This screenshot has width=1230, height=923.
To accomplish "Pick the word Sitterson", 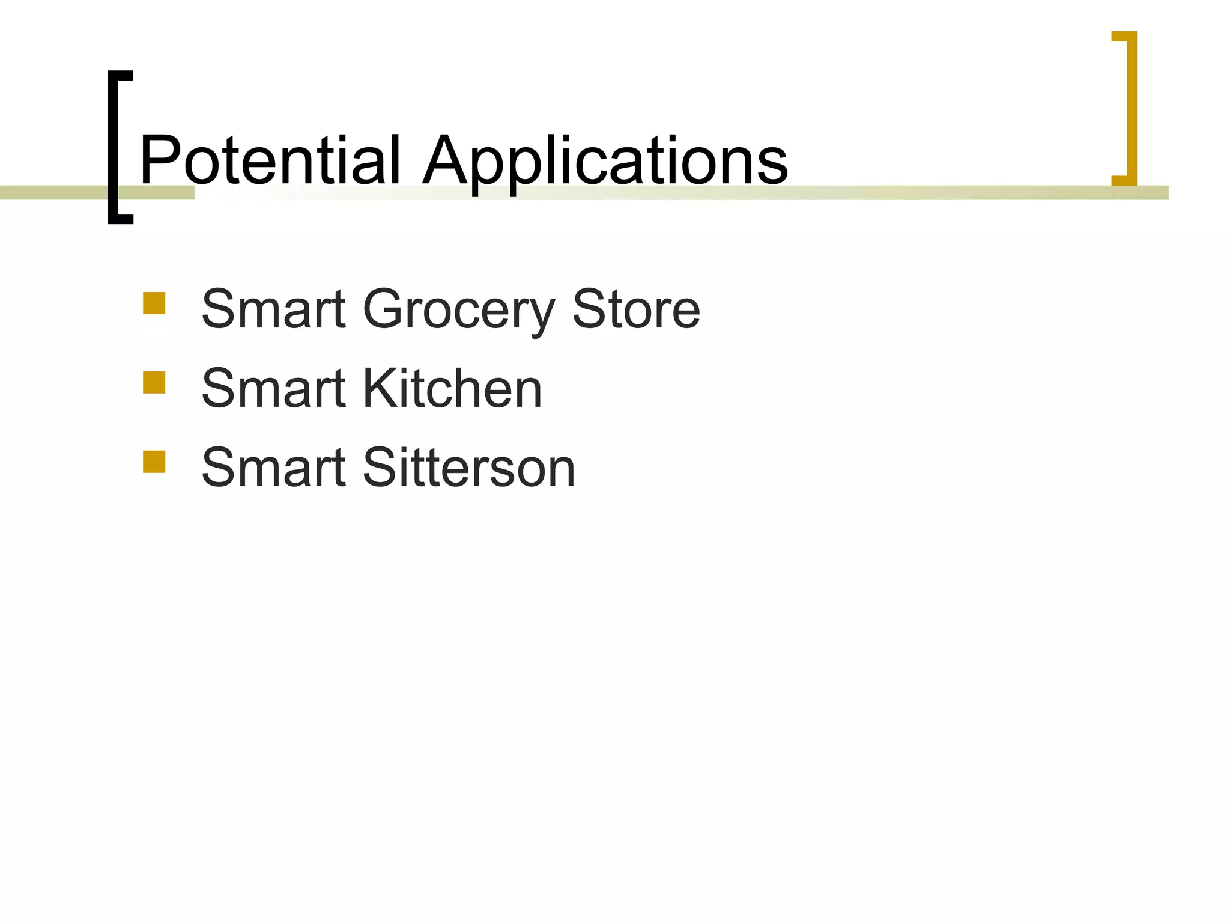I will coord(469,468).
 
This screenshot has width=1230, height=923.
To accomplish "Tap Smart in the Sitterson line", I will coord(274,468).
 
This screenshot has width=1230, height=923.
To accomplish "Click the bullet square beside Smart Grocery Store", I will coord(154,303).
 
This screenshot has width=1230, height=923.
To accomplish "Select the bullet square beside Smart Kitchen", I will coord(154,383).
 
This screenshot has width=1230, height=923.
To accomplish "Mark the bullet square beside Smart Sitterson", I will coord(154,462).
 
